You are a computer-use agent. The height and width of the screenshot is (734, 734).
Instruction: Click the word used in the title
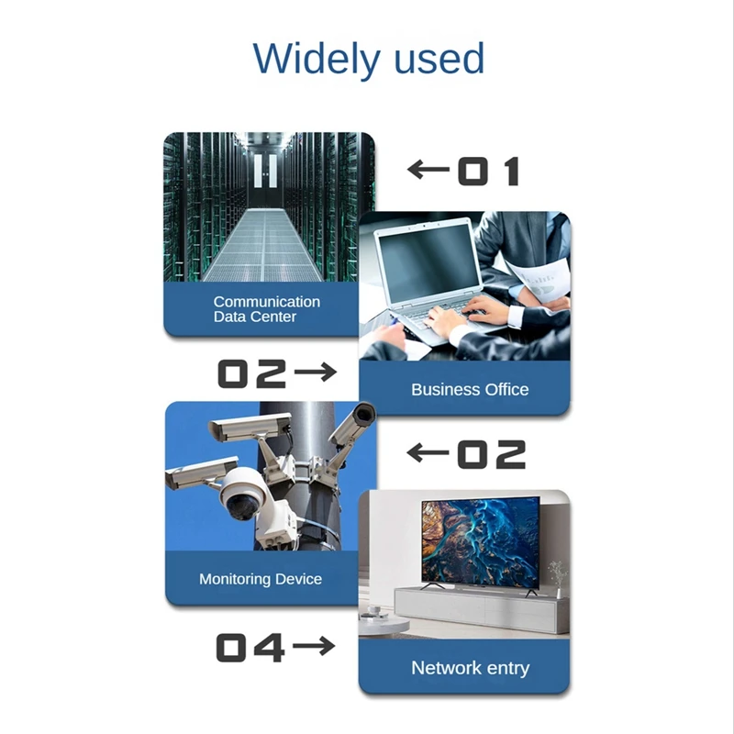coord(439,59)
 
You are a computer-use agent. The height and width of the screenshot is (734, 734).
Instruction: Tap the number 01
coord(488,172)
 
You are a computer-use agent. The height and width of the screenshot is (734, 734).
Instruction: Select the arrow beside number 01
coord(428,170)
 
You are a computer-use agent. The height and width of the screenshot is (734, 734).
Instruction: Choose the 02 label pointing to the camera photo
coord(492,453)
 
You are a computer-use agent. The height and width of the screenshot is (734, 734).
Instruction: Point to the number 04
coord(250,648)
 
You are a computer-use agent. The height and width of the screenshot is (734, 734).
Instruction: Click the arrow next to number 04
coord(314,647)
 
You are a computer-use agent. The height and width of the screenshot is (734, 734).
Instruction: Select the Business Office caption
coord(470,389)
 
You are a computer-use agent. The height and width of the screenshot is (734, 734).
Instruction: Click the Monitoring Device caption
coord(261,579)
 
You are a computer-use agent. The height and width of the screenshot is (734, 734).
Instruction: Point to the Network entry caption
coord(470,668)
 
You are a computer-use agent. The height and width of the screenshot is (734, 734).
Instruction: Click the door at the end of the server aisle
coord(266,174)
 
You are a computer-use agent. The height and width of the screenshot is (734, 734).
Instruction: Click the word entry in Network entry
coord(508,668)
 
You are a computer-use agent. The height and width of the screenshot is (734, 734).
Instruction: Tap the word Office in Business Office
coord(507,389)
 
